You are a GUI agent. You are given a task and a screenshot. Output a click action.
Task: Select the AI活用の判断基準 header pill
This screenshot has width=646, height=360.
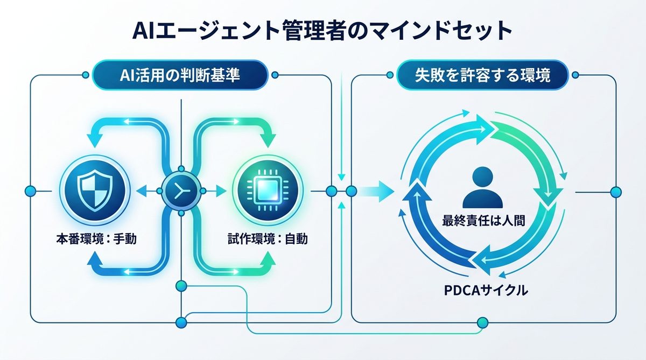coord(180,76)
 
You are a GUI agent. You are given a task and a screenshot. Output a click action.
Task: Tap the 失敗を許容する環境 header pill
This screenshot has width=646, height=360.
coord(482,76)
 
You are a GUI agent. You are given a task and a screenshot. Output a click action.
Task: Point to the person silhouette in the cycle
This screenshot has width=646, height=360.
coord(486,188)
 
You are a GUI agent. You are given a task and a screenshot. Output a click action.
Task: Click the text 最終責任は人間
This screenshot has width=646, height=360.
coord(483,221)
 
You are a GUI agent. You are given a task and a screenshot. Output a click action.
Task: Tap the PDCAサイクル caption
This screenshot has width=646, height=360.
coord(486,291)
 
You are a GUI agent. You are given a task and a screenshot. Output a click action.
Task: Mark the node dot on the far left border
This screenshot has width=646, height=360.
coord(30,190)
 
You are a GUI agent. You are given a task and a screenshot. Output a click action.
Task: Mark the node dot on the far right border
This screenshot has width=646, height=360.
coord(616,190)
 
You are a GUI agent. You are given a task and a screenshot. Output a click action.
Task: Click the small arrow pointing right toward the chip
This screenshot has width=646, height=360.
coord(219,190)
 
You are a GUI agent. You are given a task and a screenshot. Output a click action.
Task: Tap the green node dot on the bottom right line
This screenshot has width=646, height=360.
coord(482,322)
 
